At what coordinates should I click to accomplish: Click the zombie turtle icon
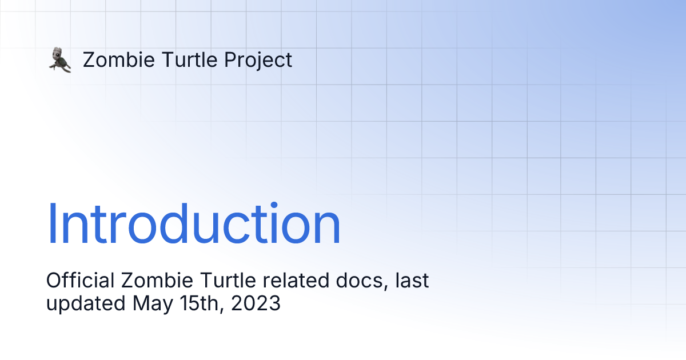(59, 60)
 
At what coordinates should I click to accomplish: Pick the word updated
(86, 303)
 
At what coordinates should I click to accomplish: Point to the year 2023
(256, 303)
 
